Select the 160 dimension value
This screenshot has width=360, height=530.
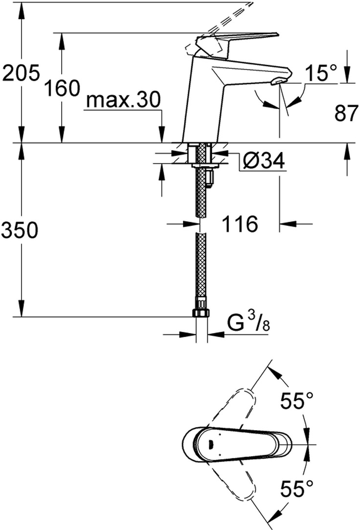tap(62, 88)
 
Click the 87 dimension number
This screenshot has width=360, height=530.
tap(346, 113)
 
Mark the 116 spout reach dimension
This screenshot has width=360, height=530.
tap(240, 224)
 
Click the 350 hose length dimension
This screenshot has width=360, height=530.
tap(20, 230)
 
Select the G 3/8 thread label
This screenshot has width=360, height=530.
tap(248, 323)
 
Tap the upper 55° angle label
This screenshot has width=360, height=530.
tap(297, 400)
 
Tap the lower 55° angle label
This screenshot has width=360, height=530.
tap(297, 488)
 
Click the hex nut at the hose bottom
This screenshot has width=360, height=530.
tap(202, 312)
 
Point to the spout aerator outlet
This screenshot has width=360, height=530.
tap(279, 82)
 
